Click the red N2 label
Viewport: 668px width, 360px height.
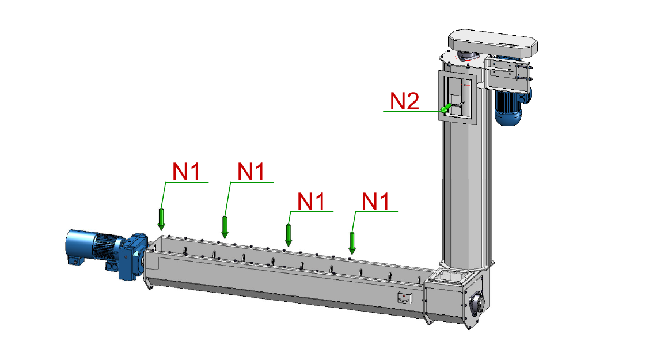click(x=404, y=101)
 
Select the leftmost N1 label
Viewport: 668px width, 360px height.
click(x=186, y=172)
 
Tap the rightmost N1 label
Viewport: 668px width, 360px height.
click(x=375, y=201)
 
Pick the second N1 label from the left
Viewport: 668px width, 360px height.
click(x=251, y=172)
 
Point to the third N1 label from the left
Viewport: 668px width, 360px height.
click(x=311, y=201)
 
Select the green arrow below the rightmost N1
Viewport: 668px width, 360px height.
click(x=352, y=243)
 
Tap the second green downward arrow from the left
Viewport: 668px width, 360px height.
click(x=225, y=227)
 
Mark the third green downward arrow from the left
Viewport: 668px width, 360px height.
click(x=289, y=236)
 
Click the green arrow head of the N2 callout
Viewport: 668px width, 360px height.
click(x=446, y=108)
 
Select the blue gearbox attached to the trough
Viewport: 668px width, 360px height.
click(x=133, y=256)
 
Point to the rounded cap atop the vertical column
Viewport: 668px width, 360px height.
click(x=492, y=42)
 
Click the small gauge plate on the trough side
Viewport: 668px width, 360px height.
click(x=405, y=298)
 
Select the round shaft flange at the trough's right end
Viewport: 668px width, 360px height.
click(x=477, y=304)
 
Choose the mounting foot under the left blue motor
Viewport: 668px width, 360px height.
click(x=75, y=260)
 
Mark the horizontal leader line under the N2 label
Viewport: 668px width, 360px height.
click(x=412, y=112)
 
